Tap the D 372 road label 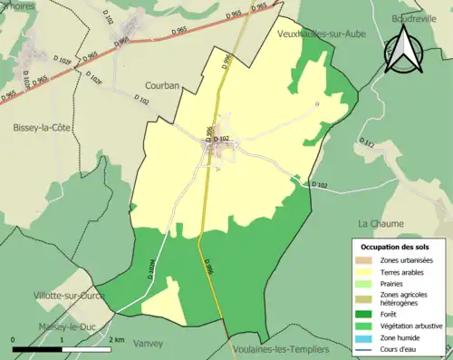(x=366, y=142)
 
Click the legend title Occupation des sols (x=396, y=247)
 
